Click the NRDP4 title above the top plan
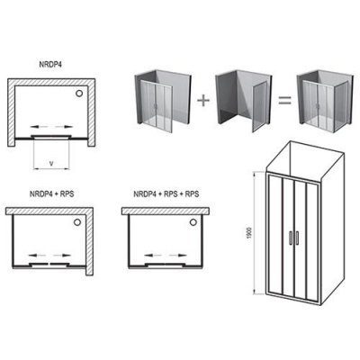(51, 65)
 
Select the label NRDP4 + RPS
(51, 193)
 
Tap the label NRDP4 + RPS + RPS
(166, 193)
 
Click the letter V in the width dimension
(51, 164)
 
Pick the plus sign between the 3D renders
(203, 100)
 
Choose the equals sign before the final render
(284, 101)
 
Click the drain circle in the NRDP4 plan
(79, 94)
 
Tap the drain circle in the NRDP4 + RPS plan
(77, 222)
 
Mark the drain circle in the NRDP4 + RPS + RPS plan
(193, 222)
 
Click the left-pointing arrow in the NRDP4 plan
(39, 127)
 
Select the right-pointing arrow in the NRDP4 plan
(64, 127)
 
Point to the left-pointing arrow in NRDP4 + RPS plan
(37, 256)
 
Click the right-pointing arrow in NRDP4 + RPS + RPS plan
(178, 256)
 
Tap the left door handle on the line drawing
(291, 238)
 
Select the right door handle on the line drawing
(297, 237)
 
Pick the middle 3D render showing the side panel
(244, 101)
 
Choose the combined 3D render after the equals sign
(325, 100)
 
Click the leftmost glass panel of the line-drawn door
(275, 235)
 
